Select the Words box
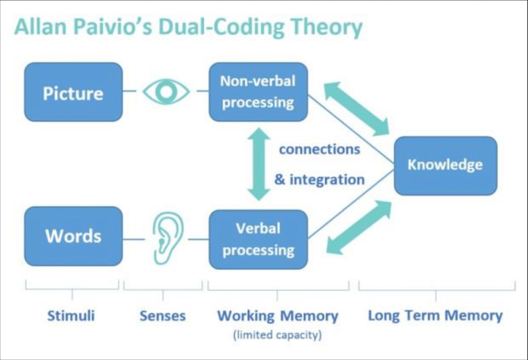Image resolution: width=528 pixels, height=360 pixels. click(73, 236)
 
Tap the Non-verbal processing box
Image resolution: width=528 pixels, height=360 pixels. click(258, 91)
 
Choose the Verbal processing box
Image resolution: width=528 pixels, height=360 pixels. click(258, 239)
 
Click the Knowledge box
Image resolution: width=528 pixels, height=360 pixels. click(445, 165)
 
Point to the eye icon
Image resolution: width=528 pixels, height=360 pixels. click(166, 92)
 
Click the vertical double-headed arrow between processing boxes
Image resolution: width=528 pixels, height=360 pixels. click(258, 164)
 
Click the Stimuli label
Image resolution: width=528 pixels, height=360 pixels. click(71, 316)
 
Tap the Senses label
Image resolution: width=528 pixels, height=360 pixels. click(162, 316)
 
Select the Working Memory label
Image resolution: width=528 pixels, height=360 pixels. click(277, 316)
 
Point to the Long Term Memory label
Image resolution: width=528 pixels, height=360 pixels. click(435, 315)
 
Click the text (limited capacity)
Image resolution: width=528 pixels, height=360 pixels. click(277, 335)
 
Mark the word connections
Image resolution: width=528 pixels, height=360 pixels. click(319, 149)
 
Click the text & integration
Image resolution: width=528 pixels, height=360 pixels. click(319, 180)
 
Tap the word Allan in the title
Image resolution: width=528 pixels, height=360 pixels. click(39, 28)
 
